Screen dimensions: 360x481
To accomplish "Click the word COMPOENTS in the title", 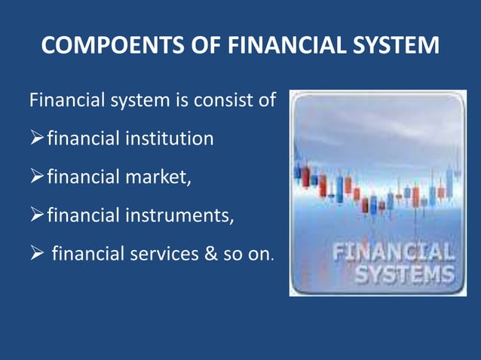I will pyautogui.click(x=103, y=46).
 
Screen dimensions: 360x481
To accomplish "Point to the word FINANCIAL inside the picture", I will pyautogui.click(x=393, y=250).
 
